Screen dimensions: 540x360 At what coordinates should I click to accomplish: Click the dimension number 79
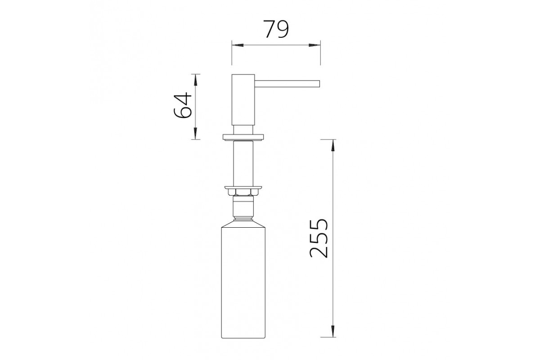276,29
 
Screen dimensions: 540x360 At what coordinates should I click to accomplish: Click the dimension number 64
183,105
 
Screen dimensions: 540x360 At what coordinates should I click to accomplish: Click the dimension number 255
319,238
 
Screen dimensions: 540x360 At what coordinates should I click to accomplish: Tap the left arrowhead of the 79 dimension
238,45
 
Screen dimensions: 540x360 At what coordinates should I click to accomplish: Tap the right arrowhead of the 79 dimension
315,45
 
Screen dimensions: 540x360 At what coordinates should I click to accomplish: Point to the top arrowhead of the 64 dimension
195,80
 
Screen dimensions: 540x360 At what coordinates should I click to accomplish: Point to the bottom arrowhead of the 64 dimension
195,134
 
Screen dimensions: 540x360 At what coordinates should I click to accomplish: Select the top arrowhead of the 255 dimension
333,145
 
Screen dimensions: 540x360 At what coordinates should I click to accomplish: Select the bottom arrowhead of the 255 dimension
333,331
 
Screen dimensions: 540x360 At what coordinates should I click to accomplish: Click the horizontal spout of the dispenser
287,84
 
